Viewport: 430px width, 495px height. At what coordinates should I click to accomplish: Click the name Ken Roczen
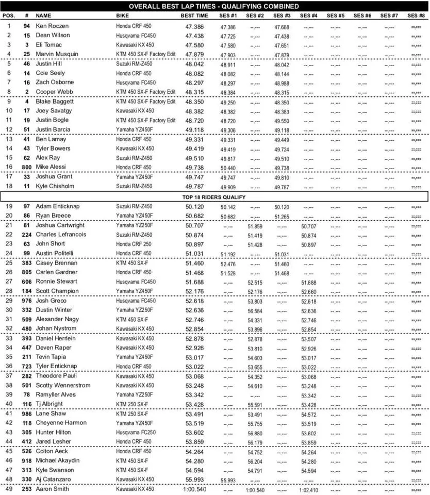(x=52, y=26)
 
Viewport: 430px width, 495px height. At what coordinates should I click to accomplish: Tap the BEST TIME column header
(x=194, y=16)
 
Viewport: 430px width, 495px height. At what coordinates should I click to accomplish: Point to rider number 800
(x=27, y=167)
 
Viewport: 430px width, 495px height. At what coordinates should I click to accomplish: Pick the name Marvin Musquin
(x=57, y=54)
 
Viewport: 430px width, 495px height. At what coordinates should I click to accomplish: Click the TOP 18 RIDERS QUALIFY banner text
(x=215, y=197)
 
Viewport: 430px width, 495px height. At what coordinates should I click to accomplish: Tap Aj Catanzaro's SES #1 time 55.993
(x=228, y=480)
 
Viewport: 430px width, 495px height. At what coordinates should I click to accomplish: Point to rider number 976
(x=27, y=301)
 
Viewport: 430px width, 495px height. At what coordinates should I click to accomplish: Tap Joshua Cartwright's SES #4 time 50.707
(x=309, y=225)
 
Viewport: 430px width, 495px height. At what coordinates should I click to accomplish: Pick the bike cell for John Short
(x=134, y=244)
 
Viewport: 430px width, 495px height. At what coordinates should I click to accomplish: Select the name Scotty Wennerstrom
(x=63, y=385)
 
